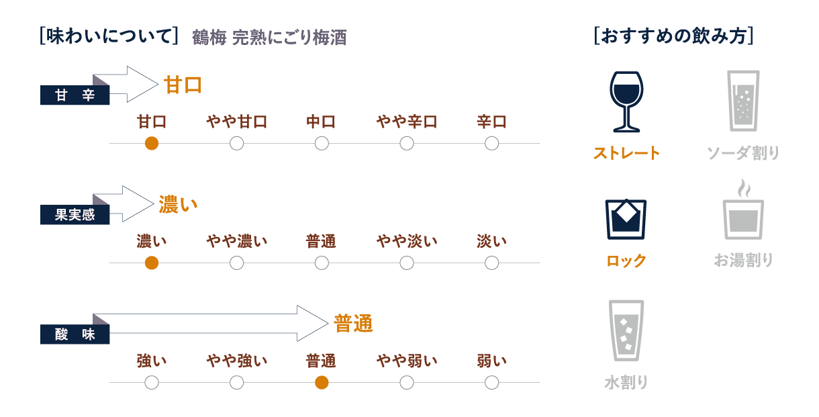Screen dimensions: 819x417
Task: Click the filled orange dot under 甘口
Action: click(x=152, y=144)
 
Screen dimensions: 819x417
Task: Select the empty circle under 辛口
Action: click(x=492, y=144)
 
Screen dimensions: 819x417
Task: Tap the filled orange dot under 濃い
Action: click(x=152, y=263)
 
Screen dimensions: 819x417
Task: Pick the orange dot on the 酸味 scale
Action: click(x=322, y=383)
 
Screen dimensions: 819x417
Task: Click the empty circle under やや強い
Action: click(x=236, y=383)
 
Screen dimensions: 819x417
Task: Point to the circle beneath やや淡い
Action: click(x=407, y=263)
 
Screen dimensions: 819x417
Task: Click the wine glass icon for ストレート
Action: click(x=626, y=101)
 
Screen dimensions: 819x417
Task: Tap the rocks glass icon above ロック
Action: click(x=626, y=219)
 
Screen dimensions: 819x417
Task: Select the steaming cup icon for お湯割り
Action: click(x=743, y=210)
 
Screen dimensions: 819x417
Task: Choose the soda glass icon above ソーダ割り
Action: click(x=743, y=101)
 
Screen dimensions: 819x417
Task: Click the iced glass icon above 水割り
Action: click(x=626, y=330)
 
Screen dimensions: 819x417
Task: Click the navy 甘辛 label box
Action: click(x=75, y=95)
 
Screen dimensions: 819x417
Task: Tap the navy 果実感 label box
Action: click(x=75, y=215)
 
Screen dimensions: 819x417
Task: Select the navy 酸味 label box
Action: click(x=75, y=334)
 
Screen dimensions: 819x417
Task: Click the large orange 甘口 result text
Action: click(x=183, y=85)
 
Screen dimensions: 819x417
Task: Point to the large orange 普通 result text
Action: click(x=353, y=324)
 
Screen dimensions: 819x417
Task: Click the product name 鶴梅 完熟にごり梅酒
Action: click(x=269, y=38)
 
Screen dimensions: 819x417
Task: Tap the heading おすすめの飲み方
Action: click(x=673, y=36)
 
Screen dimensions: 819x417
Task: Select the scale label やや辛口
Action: click(x=407, y=122)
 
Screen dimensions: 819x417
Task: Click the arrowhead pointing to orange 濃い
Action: click(x=139, y=203)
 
